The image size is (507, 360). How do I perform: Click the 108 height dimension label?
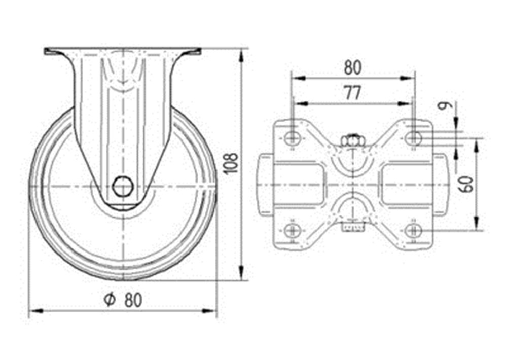click(x=232, y=164)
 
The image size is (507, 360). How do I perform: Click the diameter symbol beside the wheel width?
click(x=110, y=300)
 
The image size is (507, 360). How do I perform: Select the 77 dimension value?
click(x=352, y=93)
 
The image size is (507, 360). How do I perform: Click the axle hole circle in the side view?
click(x=123, y=186)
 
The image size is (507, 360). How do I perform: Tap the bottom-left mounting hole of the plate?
click(x=293, y=231)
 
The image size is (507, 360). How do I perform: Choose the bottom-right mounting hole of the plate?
click(x=413, y=231)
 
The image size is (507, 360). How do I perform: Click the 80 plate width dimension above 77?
click(x=352, y=68)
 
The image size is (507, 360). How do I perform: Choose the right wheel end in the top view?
click(x=441, y=185)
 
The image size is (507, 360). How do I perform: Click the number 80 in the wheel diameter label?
click(x=133, y=300)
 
